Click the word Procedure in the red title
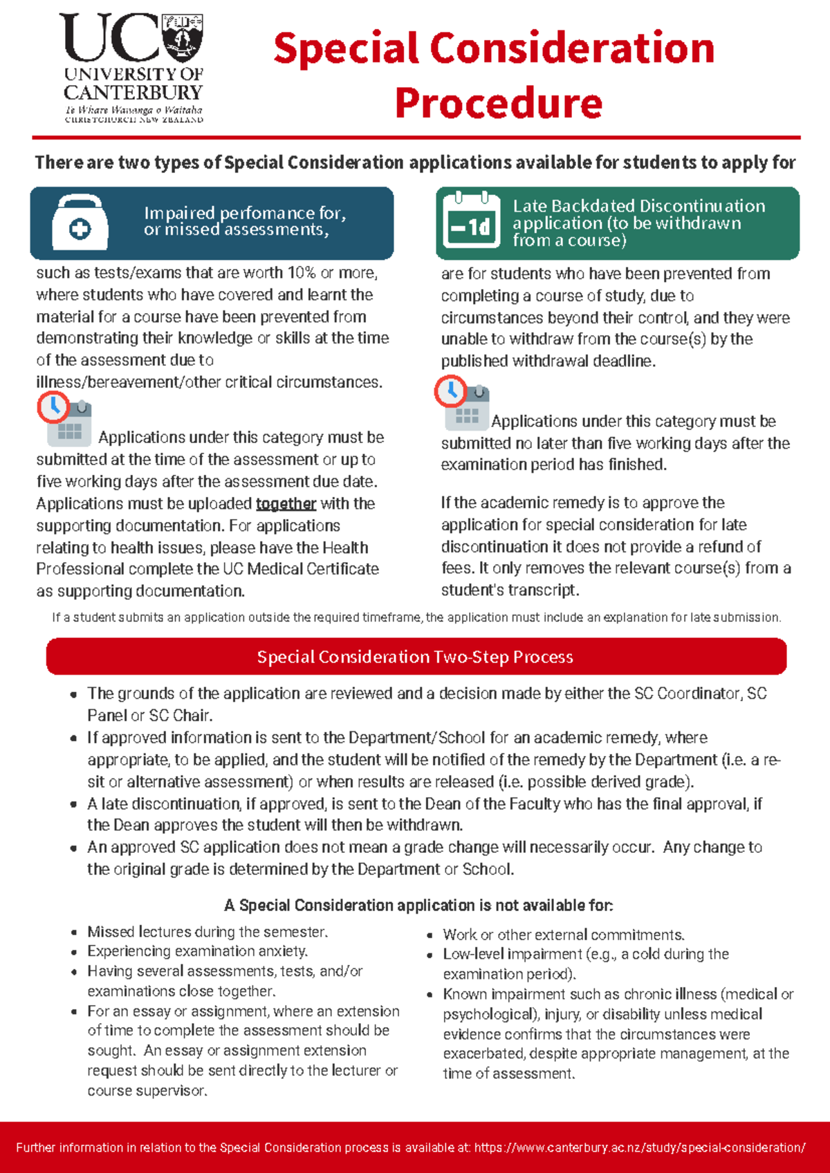498,104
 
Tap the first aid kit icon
80,223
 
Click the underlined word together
286,504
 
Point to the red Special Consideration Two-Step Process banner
416,657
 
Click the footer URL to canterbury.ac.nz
640,1147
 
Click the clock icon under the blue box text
53,407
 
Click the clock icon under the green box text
451,391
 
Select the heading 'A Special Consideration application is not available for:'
418,905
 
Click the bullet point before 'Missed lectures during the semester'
74,933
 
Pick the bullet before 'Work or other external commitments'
430,936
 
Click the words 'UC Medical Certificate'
301,570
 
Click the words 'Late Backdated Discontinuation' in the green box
638,206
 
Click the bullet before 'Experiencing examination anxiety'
74,953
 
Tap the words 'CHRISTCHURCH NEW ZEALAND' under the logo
133,120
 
